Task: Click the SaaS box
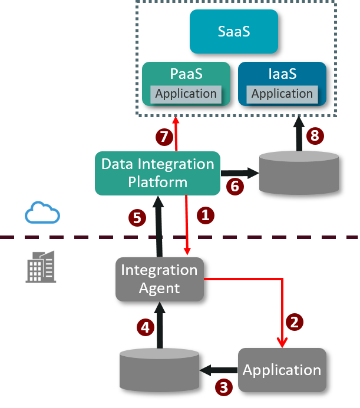pyautogui.click(x=233, y=31)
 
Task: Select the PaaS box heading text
pyautogui.click(x=186, y=75)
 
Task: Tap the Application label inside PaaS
pyautogui.click(x=186, y=94)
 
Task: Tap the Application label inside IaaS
pyautogui.click(x=282, y=94)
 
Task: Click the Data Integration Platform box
pyautogui.click(x=157, y=173)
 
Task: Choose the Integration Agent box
pyautogui.click(x=159, y=279)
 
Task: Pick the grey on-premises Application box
pyautogui.click(x=282, y=370)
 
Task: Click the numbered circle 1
pyautogui.click(x=204, y=215)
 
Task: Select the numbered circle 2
pyautogui.click(x=295, y=321)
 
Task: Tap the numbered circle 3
pyautogui.click(x=223, y=387)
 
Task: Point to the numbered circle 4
pyautogui.click(x=146, y=327)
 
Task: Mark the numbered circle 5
pyautogui.click(x=137, y=218)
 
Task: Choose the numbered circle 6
pyautogui.click(x=235, y=187)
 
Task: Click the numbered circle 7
pyautogui.click(x=164, y=137)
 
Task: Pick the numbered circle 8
pyautogui.click(x=315, y=136)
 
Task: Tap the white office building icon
pyautogui.click(x=41, y=266)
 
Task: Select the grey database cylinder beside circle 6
pyautogui.click(x=299, y=172)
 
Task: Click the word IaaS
pyautogui.click(x=282, y=75)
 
